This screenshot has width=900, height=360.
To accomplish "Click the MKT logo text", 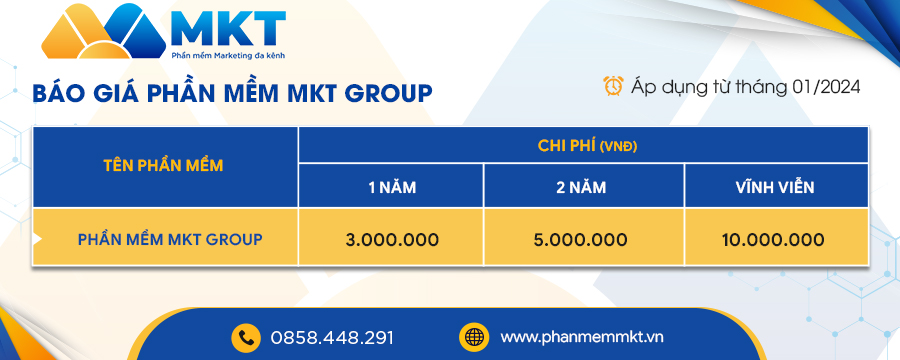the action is click(228, 29).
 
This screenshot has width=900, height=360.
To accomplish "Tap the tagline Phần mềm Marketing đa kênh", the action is click(228, 56).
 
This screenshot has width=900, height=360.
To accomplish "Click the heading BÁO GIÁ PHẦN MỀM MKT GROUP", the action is click(232, 93).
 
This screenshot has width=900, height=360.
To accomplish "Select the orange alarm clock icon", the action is click(613, 86).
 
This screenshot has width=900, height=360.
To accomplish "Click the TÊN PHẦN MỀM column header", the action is click(164, 165).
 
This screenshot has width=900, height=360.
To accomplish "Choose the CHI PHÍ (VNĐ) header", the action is click(588, 146).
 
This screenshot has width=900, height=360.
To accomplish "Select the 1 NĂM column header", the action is click(392, 187).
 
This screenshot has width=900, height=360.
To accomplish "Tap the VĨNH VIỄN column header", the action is click(776, 187).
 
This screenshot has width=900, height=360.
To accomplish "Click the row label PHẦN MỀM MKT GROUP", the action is click(170, 239).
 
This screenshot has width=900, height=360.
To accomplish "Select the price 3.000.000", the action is click(392, 239).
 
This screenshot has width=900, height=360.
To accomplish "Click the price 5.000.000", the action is click(581, 239).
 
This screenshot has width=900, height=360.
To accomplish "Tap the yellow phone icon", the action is click(246, 338).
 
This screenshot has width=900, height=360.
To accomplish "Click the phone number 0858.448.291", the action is click(332, 338).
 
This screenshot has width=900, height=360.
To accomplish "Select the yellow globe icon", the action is click(474, 337).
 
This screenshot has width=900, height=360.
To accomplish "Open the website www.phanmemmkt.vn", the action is click(582, 337).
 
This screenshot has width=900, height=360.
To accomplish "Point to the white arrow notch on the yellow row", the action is click(37, 239).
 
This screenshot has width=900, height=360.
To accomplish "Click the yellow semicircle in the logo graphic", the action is click(104, 52).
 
